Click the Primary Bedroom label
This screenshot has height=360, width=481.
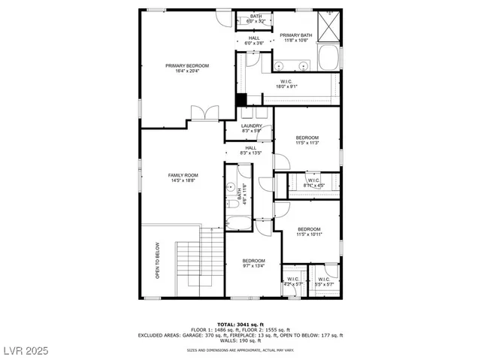point(187,68)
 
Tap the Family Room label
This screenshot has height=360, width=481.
point(183,177)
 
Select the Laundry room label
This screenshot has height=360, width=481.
point(252,129)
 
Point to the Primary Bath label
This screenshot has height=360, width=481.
point(296,38)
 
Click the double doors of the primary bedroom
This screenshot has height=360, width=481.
point(205,113)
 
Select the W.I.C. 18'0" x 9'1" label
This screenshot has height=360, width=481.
point(287,84)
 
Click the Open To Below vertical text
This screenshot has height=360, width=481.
point(158,260)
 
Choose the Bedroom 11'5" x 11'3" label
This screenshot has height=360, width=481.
point(307,141)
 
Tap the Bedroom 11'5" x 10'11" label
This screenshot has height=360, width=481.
point(309,231)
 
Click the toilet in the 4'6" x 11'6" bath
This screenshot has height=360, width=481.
point(232,203)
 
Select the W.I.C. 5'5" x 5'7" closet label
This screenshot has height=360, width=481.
point(324,282)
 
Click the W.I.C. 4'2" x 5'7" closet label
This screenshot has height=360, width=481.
point(292,282)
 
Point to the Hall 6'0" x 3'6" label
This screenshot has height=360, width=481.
point(255,41)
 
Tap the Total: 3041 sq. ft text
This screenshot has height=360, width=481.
point(240,324)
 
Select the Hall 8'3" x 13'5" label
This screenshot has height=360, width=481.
point(251,150)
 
